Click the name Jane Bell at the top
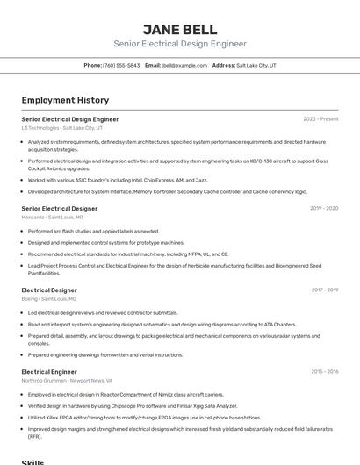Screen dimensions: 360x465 pyautogui.click(x=179, y=28)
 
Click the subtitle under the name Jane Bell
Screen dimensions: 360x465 pyautogui.click(x=179, y=44)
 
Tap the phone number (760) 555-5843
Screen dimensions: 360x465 pyautogui.click(x=121, y=65)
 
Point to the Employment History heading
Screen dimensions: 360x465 pyautogui.click(x=65, y=100)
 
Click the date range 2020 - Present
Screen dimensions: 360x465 pyautogui.click(x=320, y=119)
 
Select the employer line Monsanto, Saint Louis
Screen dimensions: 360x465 pyautogui.click(x=52, y=217)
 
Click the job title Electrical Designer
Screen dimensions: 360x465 pyautogui.click(x=49, y=290)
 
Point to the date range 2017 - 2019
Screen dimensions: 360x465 pyautogui.click(x=324, y=290)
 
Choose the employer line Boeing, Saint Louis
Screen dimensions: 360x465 pyautogui.click(x=48, y=298)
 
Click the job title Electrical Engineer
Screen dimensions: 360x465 pyautogui.click(x=49, y=372)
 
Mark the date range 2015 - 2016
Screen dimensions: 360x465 pyautogui.click(x=324, y=372)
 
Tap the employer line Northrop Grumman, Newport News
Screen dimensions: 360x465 pyautogui.click(x=66, y=381)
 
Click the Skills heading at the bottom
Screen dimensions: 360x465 pyautogui.click(x=32, y=461)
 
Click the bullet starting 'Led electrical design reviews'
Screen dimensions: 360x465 pyautogui.click(x=103, y=312)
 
